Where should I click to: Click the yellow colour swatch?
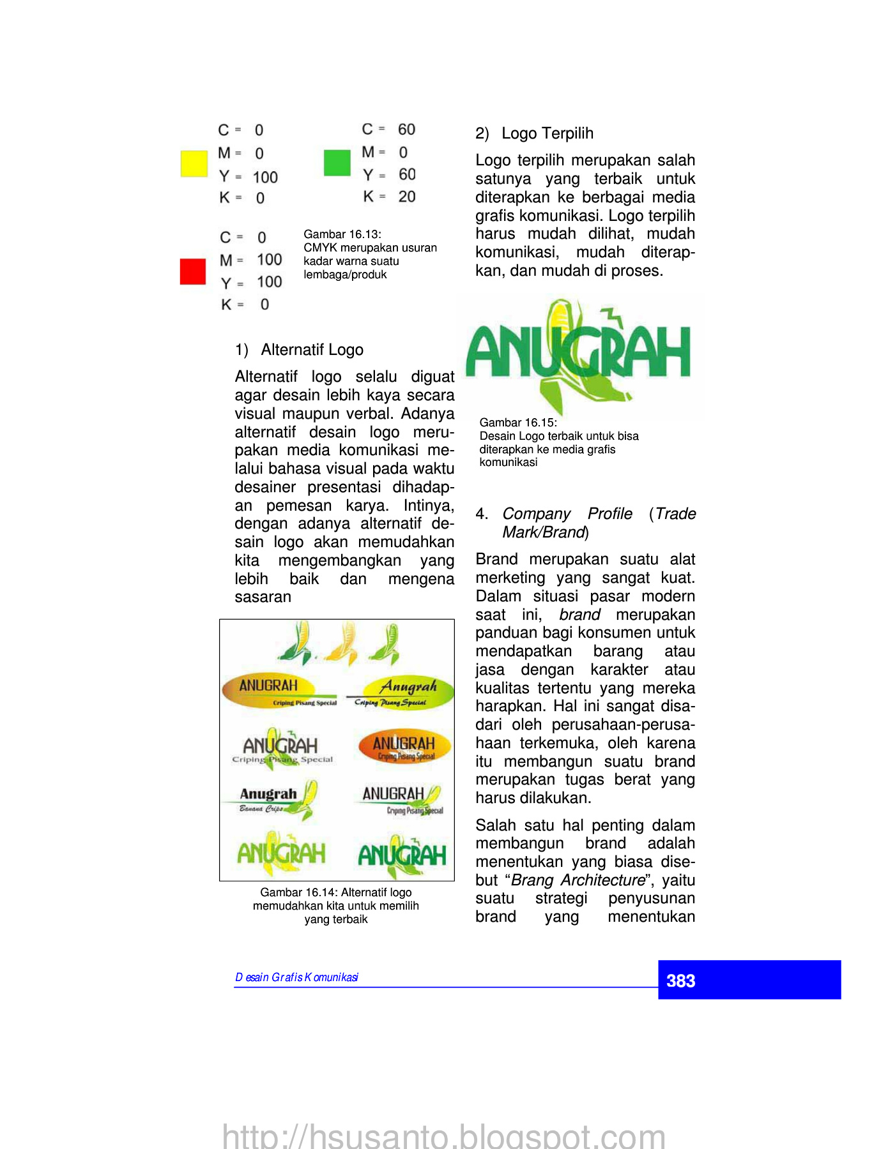194,163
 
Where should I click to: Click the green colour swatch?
337,163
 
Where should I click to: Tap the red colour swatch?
193,271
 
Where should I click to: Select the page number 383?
681,980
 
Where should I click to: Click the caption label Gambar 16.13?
342,234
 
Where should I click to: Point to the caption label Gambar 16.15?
518,423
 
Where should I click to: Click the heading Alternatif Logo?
312,350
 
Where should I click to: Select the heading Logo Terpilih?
547,133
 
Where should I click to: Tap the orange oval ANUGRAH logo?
404,746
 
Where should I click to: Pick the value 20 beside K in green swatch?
407,197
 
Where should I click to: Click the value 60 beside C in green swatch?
406,130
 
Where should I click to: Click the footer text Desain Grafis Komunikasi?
297,977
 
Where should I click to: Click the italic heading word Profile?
610,514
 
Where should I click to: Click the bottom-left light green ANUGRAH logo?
280,853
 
